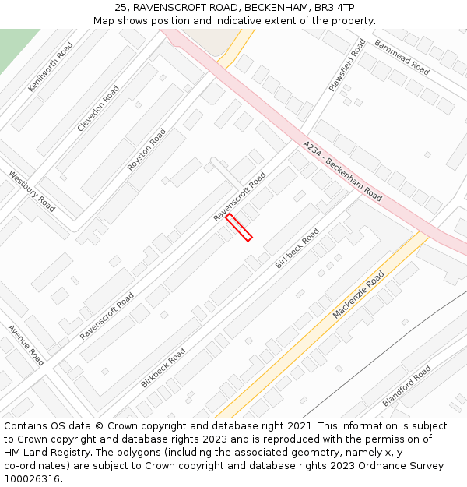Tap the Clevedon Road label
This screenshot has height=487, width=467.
[98, 108]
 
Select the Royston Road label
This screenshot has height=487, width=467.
[146, 150]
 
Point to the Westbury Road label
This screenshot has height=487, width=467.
[32, 191]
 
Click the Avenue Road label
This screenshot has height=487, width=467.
[26, 345]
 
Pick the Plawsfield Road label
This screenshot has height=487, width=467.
[347, 65]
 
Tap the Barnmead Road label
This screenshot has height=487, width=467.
[402, 57]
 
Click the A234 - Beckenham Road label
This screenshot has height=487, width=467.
[342, 171]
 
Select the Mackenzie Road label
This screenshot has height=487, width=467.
[359, 295]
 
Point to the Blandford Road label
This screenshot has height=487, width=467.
[406, 386]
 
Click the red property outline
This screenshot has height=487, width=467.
[239, 227]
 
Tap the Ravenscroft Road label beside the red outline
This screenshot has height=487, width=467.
[240, 196]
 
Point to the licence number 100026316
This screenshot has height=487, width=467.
[31, 479]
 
